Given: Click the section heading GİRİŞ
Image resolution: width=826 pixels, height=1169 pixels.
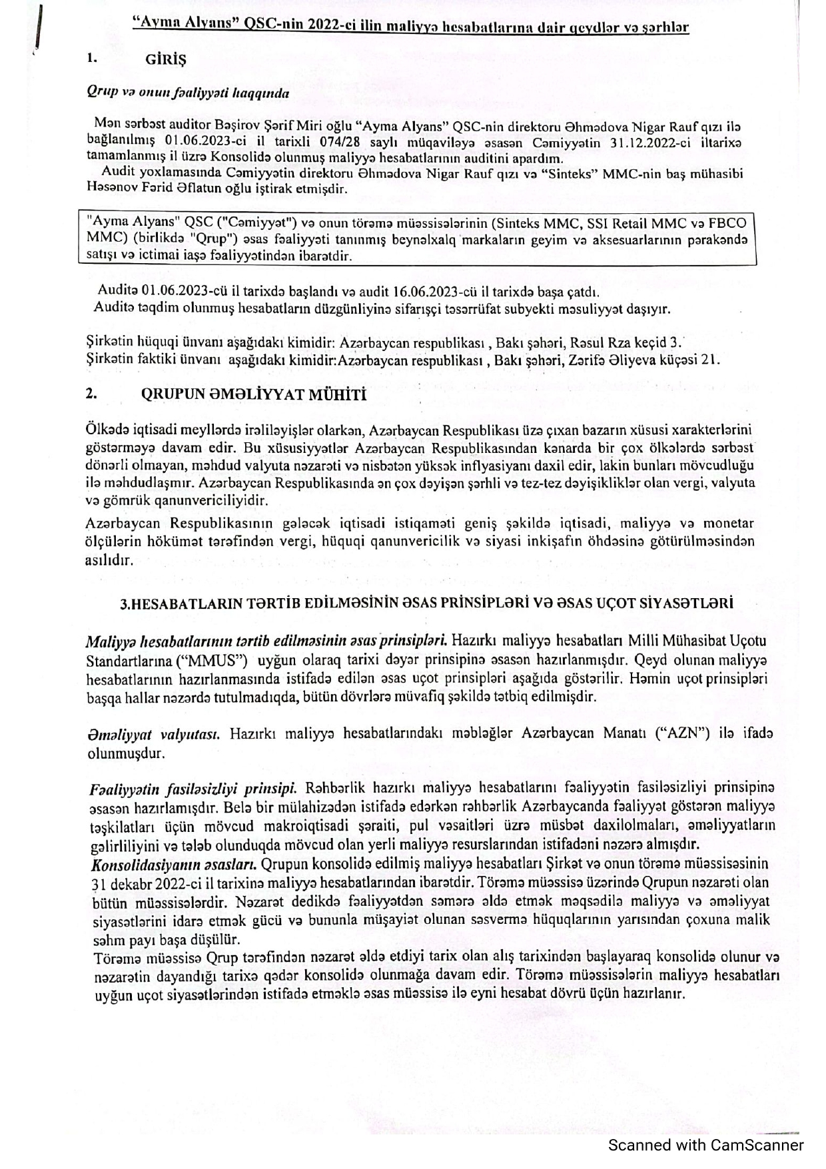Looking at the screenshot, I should click(165, 59).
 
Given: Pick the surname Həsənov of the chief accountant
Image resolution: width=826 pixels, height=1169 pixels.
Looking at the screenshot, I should click(111, 189).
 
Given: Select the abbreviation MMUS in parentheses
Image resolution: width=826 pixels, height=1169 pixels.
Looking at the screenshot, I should click(212, 661).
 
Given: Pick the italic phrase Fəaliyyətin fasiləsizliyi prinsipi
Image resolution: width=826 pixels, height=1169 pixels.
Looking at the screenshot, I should click(193, 789).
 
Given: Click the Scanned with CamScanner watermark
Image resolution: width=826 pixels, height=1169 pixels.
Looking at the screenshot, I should click(705, 1145).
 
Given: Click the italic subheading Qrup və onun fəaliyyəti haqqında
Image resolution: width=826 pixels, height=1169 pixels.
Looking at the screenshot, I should click(188, 93).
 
